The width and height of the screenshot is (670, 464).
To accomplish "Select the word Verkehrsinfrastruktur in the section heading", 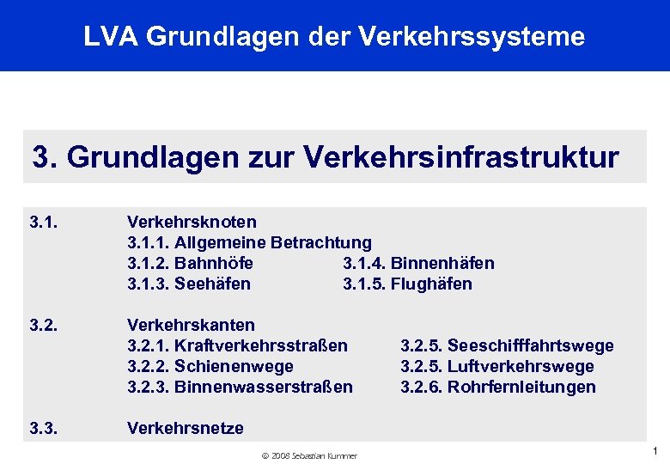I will (x=461, y=157).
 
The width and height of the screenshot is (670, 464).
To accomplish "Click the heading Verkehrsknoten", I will (x=191, y=223).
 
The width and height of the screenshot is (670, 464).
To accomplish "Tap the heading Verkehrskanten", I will (x=191, y=325).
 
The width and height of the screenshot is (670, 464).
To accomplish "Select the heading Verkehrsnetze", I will (x=186, y=428).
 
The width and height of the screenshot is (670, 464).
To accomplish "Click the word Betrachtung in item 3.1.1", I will (x=321, y=243).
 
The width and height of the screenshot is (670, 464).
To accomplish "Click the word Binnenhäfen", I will (x=442, y=264).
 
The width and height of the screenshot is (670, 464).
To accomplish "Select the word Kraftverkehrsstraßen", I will (x=261, y=345).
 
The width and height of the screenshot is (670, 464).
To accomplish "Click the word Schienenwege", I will (x=234, y=366).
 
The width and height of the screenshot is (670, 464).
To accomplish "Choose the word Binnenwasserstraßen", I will (x=263, y=387).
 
